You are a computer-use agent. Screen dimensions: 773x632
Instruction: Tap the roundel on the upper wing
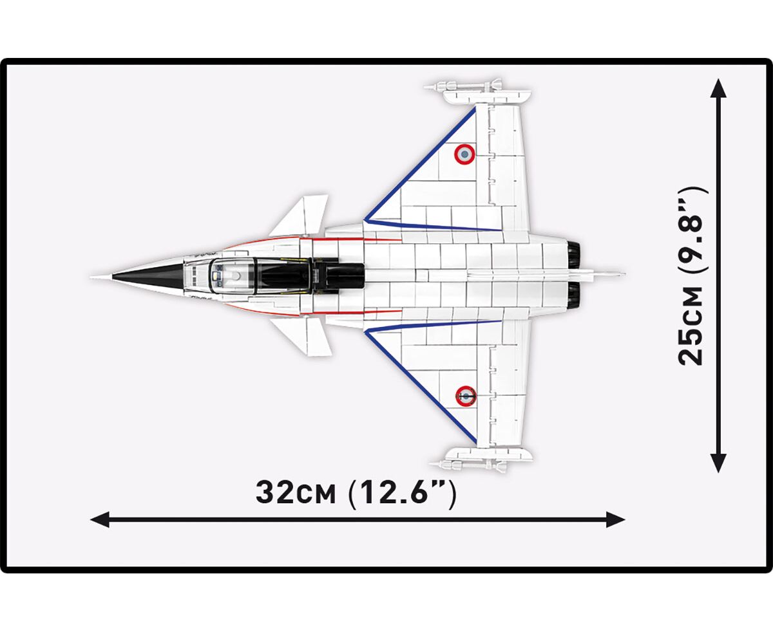[464, 154]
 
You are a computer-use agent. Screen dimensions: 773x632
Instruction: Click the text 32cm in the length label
[296, 494]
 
